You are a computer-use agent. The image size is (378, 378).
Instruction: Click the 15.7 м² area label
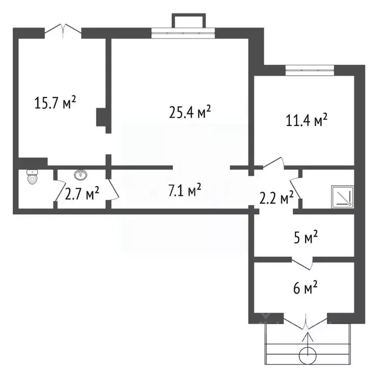(55, 102)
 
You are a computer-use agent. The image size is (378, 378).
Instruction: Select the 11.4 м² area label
(307, 120)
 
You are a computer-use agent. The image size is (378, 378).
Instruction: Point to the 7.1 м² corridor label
(185, 189)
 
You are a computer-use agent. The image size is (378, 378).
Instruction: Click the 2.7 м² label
(82, 193)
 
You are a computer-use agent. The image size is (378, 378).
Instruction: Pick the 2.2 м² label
(276, 198)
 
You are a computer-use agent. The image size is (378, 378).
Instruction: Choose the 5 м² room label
(306, 237)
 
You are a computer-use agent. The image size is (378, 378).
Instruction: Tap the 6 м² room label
(306, 287)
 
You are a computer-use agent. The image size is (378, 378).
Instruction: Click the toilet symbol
(32, 177)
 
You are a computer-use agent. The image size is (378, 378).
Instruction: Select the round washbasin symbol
(81, 175)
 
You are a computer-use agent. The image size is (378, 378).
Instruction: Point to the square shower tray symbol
(343, 196)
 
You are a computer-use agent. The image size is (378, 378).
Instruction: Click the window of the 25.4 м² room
(183, 33)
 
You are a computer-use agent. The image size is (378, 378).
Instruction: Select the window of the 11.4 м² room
(310, 70)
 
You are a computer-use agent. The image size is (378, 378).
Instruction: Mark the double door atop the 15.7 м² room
(63, 31)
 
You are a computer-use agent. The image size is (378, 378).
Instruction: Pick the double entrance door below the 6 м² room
(306, 321)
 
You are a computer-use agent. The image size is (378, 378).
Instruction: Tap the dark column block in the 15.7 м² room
(101, 117)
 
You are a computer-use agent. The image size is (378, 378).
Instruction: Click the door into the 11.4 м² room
(274, 163)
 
